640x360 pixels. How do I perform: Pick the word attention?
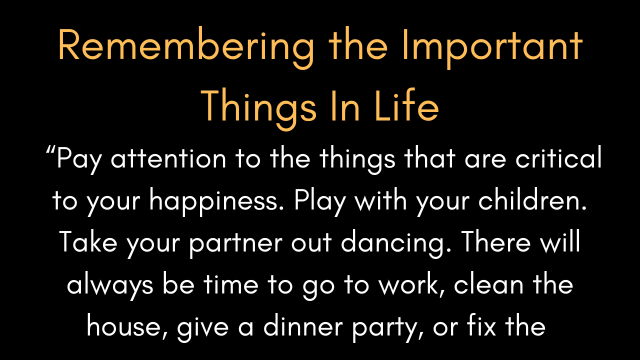(x=168, y=159)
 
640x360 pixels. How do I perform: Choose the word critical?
(x=558, y=157)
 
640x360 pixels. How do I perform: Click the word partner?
(x=236, y=244)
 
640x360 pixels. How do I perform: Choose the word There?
(x=495, y=241)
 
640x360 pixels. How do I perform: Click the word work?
(x=412, y=284)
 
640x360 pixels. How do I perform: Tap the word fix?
(x=481, y=325)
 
